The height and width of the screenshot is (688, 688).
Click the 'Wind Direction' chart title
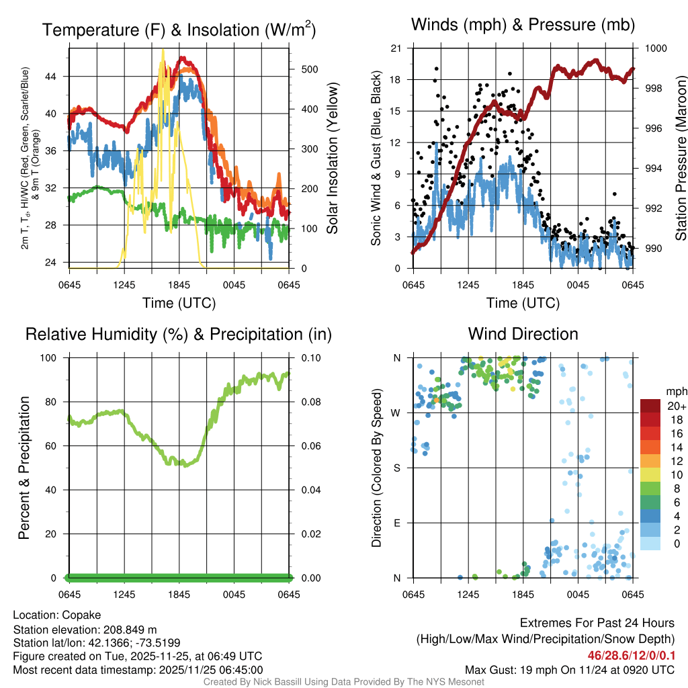click(x=523, y=334)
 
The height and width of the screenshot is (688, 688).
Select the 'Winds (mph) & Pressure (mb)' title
click(x=523, y=26)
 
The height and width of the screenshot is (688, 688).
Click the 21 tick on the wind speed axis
click(x=396, y=48)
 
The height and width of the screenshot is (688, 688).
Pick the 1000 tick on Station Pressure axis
click(x=655, y=48)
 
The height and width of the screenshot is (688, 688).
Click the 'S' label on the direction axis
click(x=397, y=468)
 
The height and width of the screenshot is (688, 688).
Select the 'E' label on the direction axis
click(x=397, y=523)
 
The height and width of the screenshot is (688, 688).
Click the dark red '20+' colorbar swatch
click(x=650, y=406)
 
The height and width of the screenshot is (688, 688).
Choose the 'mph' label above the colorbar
click(x=675, y=391)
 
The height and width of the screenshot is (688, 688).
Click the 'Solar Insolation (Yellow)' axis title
click(x=332, y=158)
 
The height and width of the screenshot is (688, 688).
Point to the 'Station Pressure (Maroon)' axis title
click(x=680, y=158)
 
